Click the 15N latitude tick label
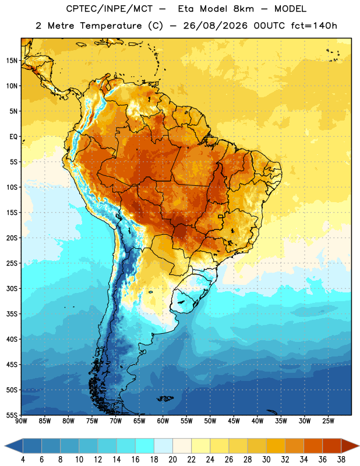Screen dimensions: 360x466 (x=12, y=61)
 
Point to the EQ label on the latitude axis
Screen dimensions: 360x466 (x=13, y=137)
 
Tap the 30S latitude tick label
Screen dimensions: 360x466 (x=12, y=288)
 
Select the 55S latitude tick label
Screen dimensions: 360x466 (x=12, y=415)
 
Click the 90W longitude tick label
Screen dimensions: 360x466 (x=21, y=421)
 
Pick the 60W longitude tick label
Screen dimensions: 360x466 (x=163, y=421)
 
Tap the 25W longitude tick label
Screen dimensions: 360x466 (x=328, y=421)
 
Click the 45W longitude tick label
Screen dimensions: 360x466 (x=234, y=421)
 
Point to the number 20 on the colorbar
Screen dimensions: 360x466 (x=172, y=460)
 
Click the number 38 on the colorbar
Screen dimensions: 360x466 (x=341, y=460)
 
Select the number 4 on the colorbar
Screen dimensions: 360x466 (x=23, y=460)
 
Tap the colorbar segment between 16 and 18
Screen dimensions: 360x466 (x=144, y=446)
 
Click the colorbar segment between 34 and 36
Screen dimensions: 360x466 (x=313, y=446)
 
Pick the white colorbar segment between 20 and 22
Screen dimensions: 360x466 (x=182, y=446)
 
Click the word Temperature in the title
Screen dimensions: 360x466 (x=111, y=26)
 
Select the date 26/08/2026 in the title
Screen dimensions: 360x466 (x=215, y=26)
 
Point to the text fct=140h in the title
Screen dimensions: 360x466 (x=314, y=26)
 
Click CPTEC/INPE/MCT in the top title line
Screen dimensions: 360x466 (x=109, y=9)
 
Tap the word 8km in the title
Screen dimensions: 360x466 (x=243, y=9)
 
